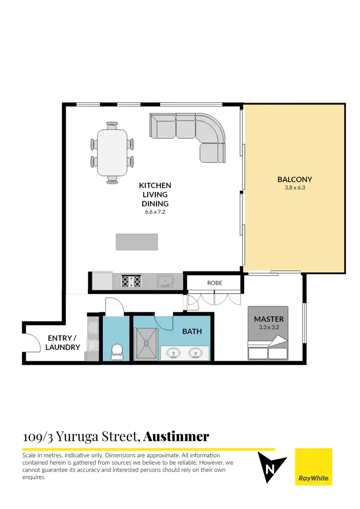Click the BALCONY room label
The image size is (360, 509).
click(294, 179)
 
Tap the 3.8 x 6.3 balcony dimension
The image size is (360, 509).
click(294, 188)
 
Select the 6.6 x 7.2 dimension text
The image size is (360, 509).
click(155, 212)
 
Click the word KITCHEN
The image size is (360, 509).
click(155, 185)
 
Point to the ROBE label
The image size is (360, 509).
click(215, 283)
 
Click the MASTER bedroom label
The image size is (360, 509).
click(269, 319)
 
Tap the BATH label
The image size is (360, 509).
click(192, 331)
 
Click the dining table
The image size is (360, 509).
click(112, 153)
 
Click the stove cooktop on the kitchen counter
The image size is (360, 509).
click(131, 281)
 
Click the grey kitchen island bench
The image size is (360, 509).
click(137, 242)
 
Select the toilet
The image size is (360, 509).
click(117, 352)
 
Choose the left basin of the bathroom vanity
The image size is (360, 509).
click(174, 354)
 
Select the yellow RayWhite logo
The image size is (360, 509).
click(313, 467)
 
